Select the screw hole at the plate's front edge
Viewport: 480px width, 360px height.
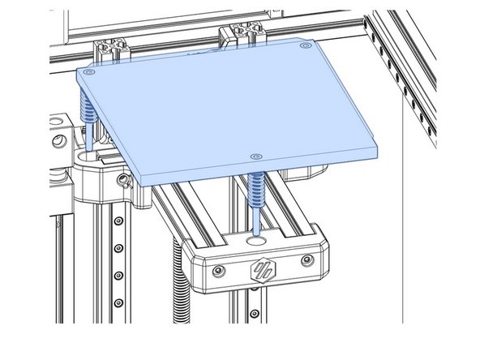point(255,156)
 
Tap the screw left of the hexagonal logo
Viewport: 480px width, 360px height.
point(218,271)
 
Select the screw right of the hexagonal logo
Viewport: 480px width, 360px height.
point(305,260)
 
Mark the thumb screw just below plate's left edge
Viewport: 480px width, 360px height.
point(123,179)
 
